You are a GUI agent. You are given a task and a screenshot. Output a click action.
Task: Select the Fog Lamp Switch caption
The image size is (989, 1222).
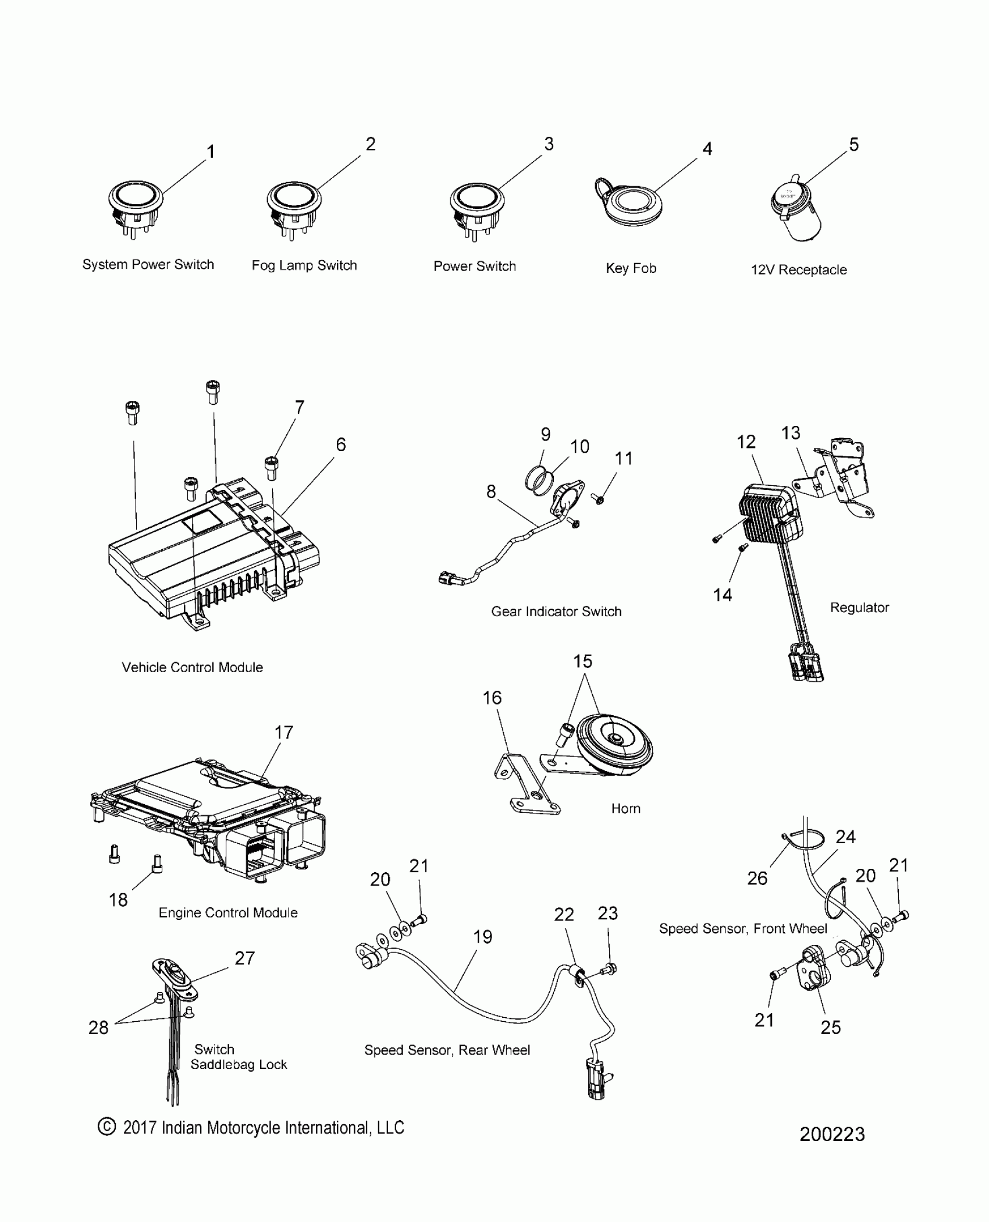click(304, 266)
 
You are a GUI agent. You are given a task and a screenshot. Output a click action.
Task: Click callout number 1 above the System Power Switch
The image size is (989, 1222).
click(211, 152)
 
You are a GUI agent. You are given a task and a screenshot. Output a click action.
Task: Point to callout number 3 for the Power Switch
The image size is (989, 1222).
click(549, 144)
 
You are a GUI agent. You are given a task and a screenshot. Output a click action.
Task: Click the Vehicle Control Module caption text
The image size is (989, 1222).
click(192, 667)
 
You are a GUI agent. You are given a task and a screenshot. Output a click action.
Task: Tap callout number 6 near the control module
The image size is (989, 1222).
click(341, 445)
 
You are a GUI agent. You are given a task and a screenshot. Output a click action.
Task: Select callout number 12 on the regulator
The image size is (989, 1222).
click(746, 442)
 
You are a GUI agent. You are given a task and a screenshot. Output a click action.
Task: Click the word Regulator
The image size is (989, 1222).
click(859, 608)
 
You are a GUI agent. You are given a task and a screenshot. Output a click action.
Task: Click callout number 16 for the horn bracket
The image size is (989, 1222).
click(492, 698)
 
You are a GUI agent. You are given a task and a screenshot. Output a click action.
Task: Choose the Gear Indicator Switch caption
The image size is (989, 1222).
click(556, 612)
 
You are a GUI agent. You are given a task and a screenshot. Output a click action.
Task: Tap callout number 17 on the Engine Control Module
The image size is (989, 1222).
click(284, 733)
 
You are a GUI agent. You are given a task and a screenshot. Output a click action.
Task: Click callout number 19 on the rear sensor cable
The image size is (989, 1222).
click(483, 937)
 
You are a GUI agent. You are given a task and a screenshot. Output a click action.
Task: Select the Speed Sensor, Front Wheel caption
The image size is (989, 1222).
click(743, 929)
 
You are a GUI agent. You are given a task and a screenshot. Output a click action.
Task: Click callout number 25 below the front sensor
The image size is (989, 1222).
click(831, 1027)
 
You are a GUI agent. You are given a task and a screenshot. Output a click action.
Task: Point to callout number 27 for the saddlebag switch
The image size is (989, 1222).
click(245, 958)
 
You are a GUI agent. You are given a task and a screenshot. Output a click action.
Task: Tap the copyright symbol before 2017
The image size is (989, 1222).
click(106, 1127)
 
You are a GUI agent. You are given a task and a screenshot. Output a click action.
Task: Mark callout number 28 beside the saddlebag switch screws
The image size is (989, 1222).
click(98, 1028)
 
